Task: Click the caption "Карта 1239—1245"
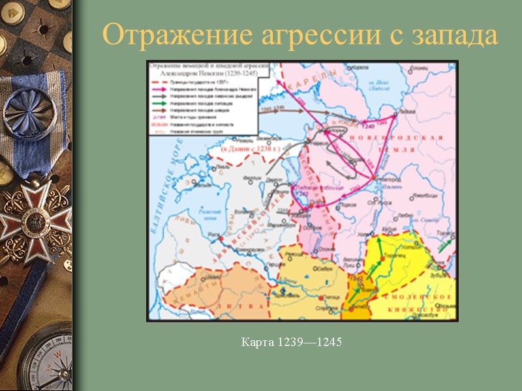pyautogui.click(x=292, y=341)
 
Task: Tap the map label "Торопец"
pyautogui.click(x=400, y=258)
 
